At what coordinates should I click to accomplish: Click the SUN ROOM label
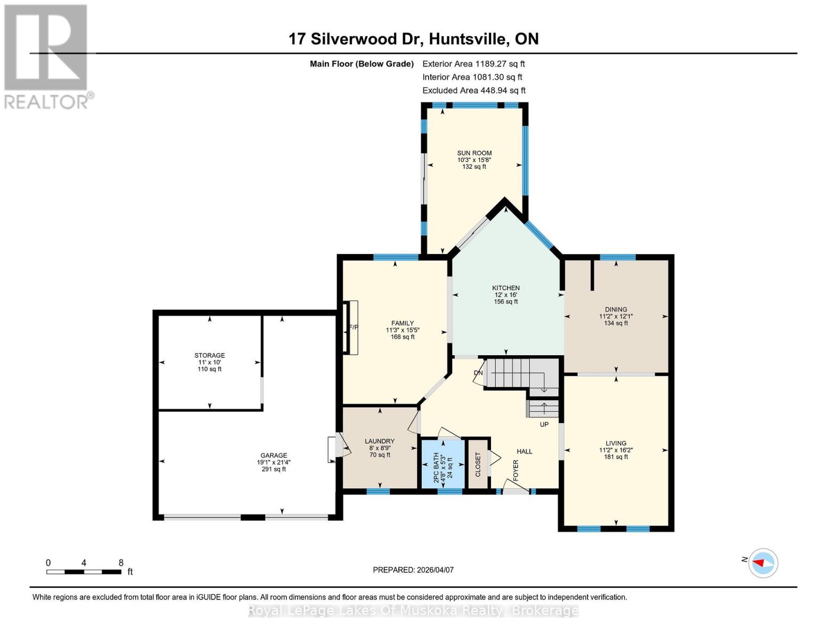point(474,153)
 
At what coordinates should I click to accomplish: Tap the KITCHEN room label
point(505,288)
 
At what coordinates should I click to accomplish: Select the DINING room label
point(616,309)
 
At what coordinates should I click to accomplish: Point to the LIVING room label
point(616,443)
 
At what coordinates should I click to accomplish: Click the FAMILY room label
point(402,323)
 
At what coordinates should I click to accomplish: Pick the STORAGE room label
point(209,355)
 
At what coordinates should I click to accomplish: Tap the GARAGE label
point(273,455)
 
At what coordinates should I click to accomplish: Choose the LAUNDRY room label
point(379,441)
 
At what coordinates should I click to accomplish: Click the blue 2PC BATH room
point(442,463)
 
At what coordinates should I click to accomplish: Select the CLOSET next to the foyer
point(478,464)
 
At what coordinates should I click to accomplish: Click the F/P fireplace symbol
point(351,327)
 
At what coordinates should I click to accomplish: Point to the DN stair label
point(478,373)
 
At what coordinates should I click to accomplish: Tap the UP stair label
point(544,424)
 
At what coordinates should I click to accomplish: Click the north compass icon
point(763,562)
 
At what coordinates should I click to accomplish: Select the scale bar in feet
point(84,571)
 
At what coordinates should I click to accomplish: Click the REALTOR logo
point(47,56)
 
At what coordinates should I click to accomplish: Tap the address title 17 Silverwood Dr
point(413,39)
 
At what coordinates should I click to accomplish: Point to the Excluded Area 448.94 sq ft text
point(473,91)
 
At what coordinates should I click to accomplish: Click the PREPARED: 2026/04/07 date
point(413,570)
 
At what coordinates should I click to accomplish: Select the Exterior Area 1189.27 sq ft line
point(473,63)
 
